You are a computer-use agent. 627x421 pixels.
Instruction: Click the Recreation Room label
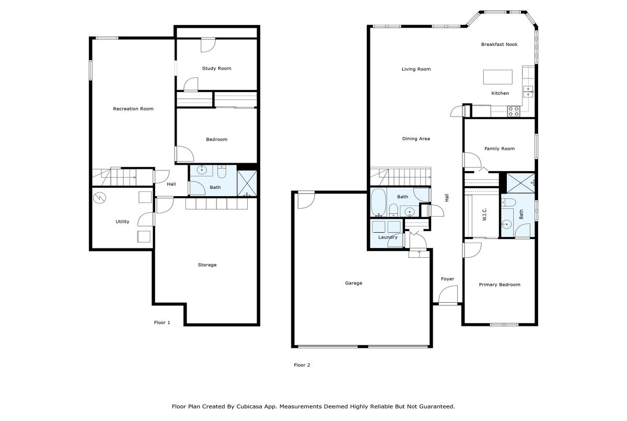point(133,109)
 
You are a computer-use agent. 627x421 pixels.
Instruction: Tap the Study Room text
point(216,69)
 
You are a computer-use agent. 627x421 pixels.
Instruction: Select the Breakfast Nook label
point(499,44)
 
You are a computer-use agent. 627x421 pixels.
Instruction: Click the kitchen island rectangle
point(498,77)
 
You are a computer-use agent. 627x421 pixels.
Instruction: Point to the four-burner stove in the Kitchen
point(514,111)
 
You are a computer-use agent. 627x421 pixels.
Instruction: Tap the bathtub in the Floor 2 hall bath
point(378,203)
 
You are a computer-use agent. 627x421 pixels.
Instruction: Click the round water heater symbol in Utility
point(100,198)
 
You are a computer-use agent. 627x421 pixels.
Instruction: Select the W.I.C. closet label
point(484,215)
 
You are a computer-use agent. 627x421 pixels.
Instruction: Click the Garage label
point(353,283)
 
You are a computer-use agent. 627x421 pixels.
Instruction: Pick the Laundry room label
point(388,237)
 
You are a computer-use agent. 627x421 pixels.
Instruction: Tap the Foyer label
point(447,279)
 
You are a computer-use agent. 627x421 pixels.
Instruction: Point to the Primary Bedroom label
point(500,285)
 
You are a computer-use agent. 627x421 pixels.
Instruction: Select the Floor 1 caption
point(162,323)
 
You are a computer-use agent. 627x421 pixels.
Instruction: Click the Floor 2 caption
point(302,365)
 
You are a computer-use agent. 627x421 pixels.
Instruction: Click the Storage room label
point(207,265)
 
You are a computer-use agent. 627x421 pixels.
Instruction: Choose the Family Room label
point(499,149)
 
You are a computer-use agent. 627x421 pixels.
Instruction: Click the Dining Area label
point(416,139)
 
